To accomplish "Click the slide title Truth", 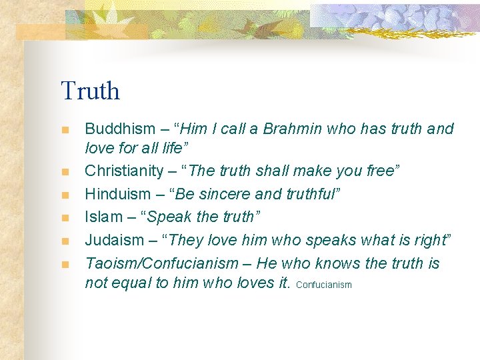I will pos(90,91).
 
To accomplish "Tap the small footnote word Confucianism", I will pos(323,285).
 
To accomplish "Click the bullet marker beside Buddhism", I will pos(65,129).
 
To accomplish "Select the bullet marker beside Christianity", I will pos(65,172).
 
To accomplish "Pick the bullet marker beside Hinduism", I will pos(65,195).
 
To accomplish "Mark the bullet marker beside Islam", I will pos(65,217).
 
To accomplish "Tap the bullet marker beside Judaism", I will pos(65,241).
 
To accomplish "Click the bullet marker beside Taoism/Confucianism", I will pos(65,264).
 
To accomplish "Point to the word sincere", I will pos(218,194).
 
